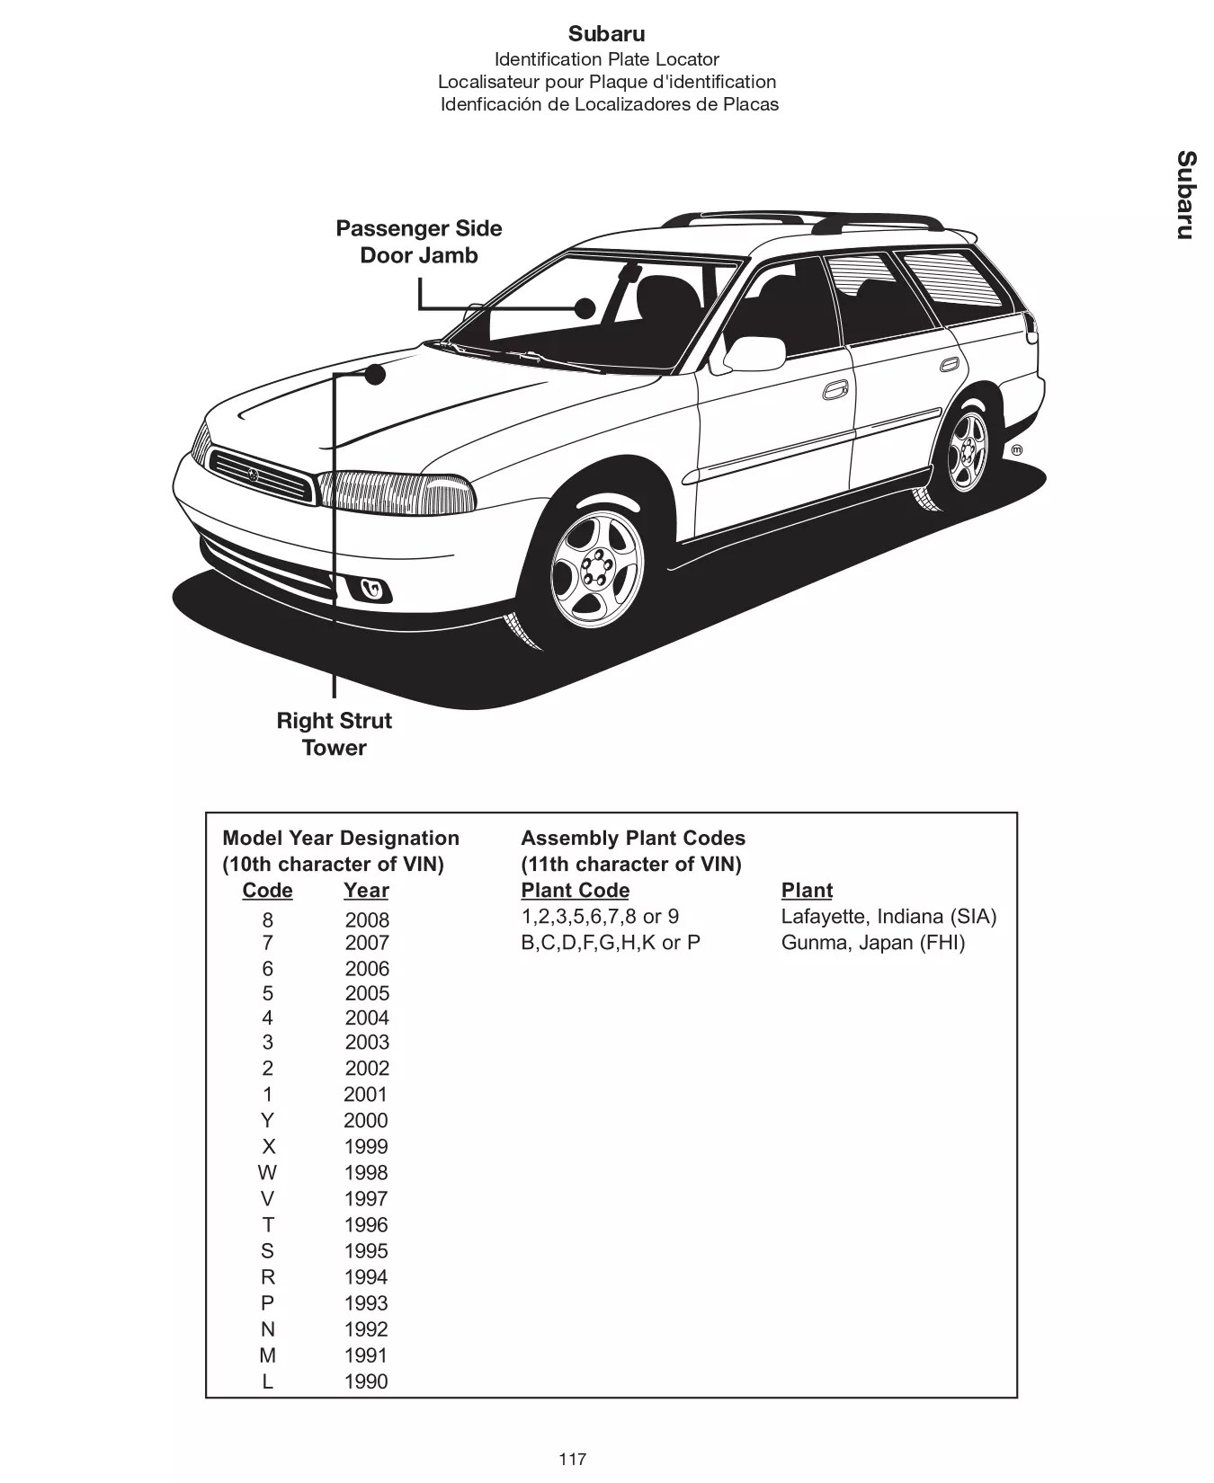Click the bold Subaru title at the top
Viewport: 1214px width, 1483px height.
(606, 34)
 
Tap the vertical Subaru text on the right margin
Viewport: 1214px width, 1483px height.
(1186, 195)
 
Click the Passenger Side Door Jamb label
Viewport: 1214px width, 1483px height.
(418, 242)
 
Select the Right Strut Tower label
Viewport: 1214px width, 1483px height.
(334, 733)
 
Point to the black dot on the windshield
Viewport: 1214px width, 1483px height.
(585, 308)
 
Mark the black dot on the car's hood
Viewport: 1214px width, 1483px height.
(375, 374)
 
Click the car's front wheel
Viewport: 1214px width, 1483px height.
(596, 568)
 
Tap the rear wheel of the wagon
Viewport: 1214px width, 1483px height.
(966, 452)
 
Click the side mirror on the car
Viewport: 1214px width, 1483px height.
(754, 354)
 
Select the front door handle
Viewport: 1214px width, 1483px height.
(835, 391)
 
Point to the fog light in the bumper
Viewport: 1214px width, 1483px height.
(371, 590)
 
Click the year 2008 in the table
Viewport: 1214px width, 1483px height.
(367, 920)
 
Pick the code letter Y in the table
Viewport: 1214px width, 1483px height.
(267, 1121)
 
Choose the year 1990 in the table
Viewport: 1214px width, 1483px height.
(366, 1381)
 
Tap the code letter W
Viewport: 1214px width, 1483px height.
(267, 1173)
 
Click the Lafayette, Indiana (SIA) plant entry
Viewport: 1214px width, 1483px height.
(888, 917)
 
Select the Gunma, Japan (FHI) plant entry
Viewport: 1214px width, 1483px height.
(872, 943)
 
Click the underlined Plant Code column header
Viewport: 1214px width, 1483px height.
(575, 891)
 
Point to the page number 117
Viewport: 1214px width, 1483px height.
(572, 1458)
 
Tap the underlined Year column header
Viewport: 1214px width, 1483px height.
(366, 891)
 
